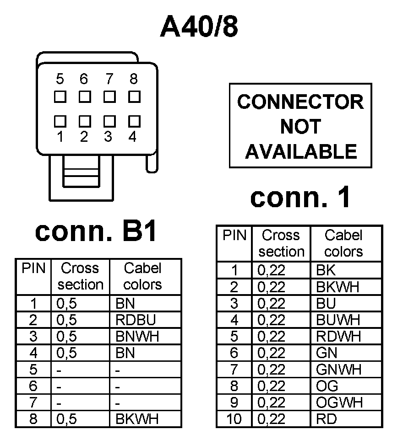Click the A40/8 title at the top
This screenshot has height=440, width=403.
pos(199,27)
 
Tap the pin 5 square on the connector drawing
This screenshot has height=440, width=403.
pos(60,97)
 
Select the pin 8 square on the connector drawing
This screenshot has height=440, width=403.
pos(134,97)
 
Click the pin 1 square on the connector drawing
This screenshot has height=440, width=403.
pos(60,121)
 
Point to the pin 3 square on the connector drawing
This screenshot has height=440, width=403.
pos(109,121)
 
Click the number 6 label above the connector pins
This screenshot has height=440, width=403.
pos(84,79)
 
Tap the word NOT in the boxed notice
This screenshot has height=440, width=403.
pos(300,126)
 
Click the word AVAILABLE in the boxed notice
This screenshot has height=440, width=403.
pos(300,151)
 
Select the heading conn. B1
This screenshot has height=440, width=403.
pos(97,232)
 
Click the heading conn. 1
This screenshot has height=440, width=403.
pos(300,197)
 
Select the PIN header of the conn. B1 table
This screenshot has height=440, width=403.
pos(33,268)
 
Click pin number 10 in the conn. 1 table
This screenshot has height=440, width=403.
pos(234,419)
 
